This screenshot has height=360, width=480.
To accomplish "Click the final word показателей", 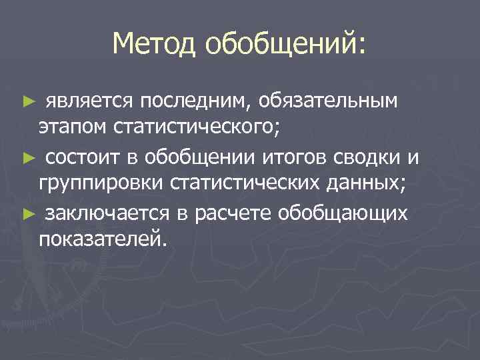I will click(100, 239).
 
